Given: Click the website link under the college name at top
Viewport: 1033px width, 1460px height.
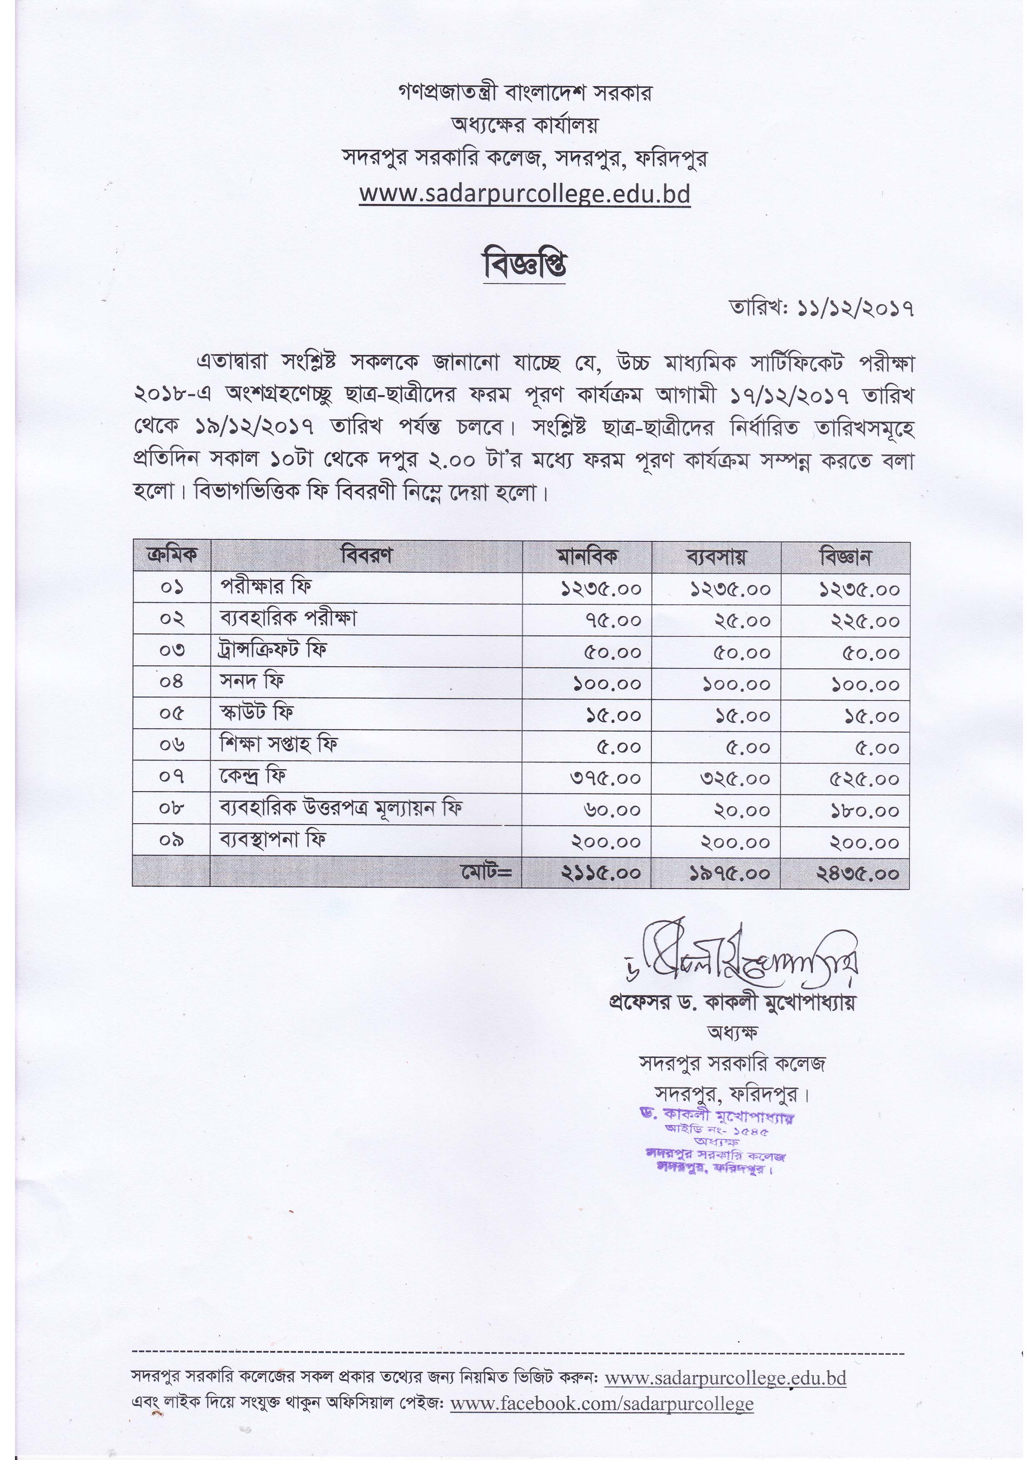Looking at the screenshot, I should coord(524,194).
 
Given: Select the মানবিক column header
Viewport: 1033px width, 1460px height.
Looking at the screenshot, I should coord(587,557).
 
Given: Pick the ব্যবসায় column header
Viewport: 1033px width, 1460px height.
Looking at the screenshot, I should coord(716,557).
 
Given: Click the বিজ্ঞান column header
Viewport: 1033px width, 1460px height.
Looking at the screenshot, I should coord(845,557).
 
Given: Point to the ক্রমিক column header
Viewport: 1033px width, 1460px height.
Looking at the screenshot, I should coord(171,555).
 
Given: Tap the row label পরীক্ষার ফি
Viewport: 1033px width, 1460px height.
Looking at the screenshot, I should coord(266,586).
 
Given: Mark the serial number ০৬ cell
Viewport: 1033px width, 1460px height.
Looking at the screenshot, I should coord(172,745).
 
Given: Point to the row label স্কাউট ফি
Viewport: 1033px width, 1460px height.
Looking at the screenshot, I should coord(256,713).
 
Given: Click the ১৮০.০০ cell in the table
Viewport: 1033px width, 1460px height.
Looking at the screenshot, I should coord(864,811).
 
